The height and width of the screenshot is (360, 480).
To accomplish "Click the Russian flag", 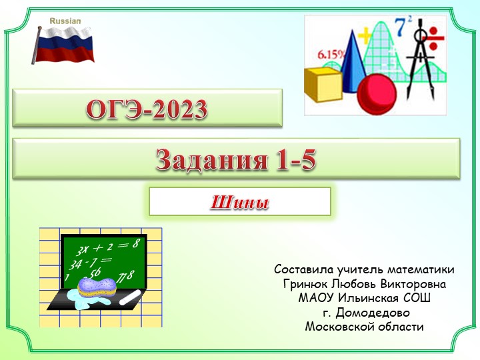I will (65, 44).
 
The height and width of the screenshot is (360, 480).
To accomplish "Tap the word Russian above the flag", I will (65, 21).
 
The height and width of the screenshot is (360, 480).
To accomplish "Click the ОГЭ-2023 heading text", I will (147, 109).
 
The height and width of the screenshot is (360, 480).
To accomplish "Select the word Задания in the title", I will (203, 159).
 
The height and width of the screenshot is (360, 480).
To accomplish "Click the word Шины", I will (239, 201).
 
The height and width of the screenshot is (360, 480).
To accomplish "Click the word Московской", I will (337, 326).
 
